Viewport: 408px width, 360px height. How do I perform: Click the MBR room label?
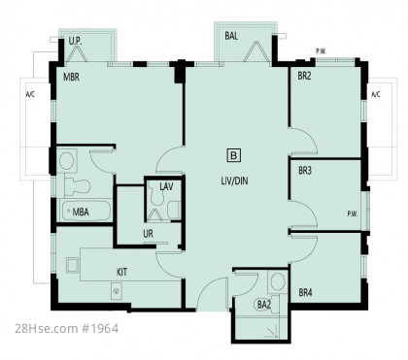[71, 78]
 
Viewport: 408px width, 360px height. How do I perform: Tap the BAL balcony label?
[231, 36]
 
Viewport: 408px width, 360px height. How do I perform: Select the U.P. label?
[75, 41]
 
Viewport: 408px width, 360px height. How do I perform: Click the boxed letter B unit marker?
[233, 155]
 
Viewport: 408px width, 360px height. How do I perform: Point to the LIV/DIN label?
[234, 180]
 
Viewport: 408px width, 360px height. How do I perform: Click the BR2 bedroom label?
[304, 76]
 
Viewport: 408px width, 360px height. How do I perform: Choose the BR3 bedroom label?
[305, 171]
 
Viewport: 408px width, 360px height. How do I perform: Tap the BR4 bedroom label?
[305, 293]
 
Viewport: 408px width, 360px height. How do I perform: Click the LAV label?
[166, 186]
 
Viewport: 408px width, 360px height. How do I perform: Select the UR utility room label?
[148, 233]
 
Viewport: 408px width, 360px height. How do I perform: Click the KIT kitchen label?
[121, 272]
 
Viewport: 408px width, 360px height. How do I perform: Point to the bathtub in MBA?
[85, 212]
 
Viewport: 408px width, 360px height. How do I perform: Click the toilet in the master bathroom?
[77, 186]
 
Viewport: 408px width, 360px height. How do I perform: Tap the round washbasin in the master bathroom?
[67, 160]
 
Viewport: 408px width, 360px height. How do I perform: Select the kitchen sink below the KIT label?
[117, 291]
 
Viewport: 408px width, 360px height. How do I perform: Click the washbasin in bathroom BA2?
[278, 281]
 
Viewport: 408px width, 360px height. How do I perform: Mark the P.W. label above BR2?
[322, 51]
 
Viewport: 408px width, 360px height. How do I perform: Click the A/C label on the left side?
[30, 95]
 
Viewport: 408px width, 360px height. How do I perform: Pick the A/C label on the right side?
[376, 95]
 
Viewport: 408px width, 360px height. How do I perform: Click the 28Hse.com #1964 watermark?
[67, 329]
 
